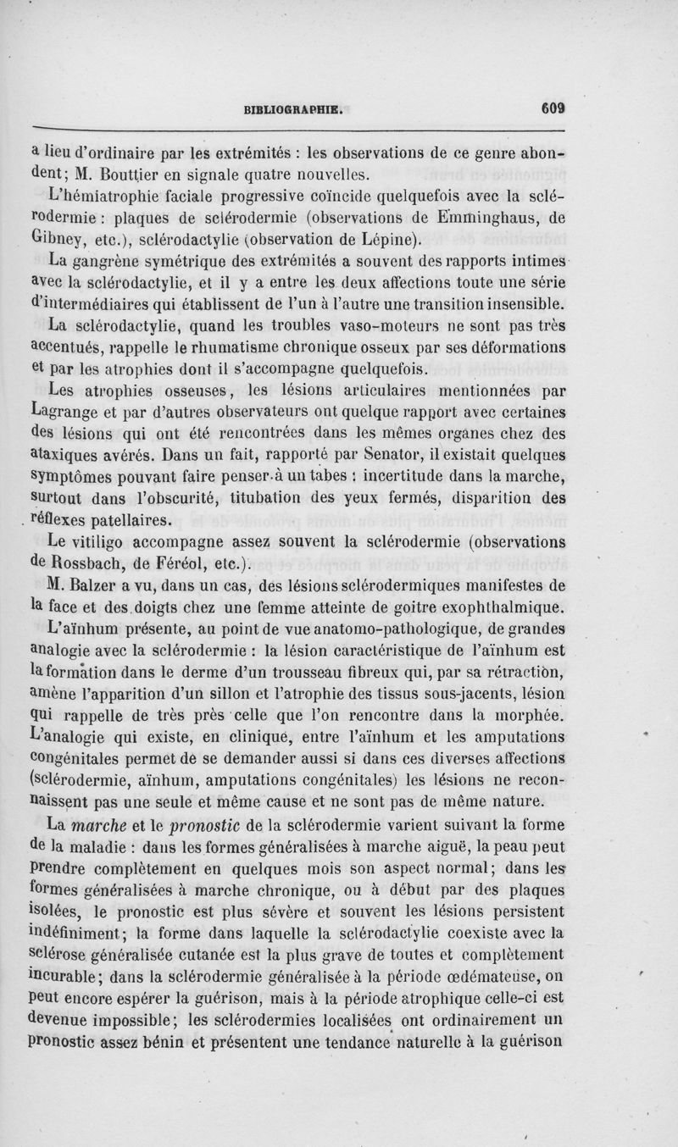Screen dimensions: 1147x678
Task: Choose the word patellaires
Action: pos(132,518)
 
